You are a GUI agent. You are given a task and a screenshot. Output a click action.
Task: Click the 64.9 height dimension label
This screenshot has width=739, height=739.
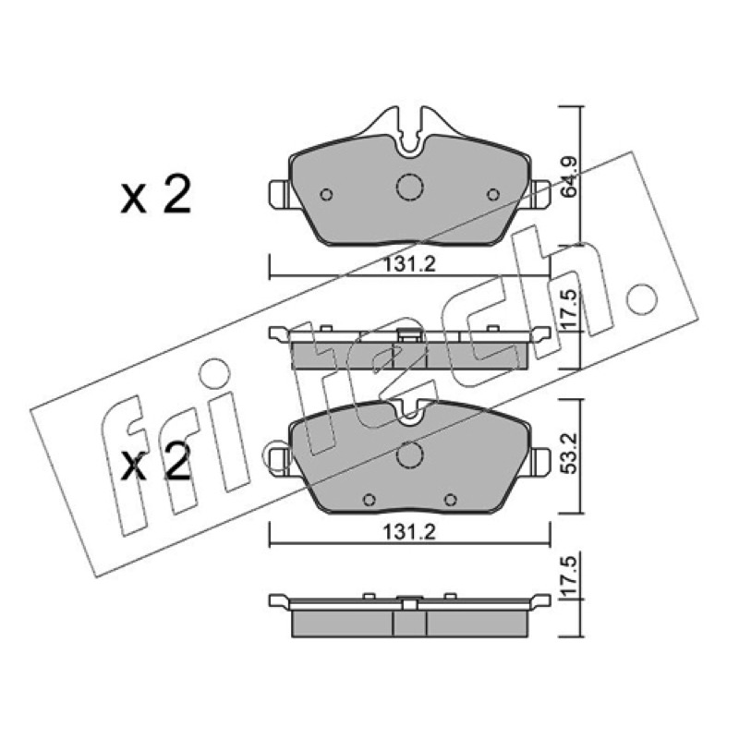pos(569,176)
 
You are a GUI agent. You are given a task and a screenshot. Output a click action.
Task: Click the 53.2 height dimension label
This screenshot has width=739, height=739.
pos(570,454)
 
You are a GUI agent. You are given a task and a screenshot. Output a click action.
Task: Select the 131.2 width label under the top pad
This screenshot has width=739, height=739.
pos(409,264)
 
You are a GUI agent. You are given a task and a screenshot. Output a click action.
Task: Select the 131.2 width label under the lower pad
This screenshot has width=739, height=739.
pos(409,532)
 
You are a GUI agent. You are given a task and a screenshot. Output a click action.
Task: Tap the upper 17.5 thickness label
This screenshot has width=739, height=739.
pos(569,309)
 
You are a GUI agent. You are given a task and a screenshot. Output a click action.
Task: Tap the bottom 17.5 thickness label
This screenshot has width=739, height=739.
pos(569,576)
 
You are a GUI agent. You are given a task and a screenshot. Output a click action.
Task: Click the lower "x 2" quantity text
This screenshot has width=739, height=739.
pos(156,461)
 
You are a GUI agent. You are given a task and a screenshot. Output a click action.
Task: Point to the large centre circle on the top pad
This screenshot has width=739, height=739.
pos(410,187)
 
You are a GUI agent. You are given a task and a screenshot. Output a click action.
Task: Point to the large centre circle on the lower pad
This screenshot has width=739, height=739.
pos(409,455)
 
